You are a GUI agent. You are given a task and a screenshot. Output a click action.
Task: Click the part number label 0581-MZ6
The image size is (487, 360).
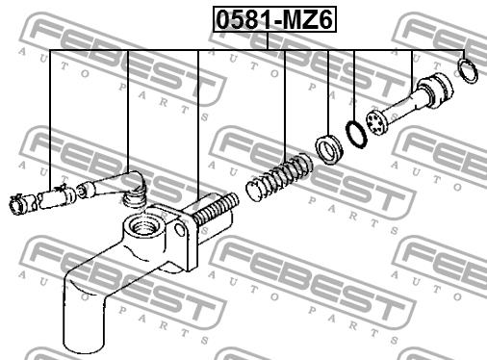274,19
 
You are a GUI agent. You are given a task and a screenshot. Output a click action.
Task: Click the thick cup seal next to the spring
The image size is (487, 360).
329,149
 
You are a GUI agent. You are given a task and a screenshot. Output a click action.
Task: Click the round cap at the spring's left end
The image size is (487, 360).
255,191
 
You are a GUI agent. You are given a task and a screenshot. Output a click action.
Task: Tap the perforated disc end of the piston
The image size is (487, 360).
377,122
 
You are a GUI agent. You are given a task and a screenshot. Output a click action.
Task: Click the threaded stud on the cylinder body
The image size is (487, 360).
217,209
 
